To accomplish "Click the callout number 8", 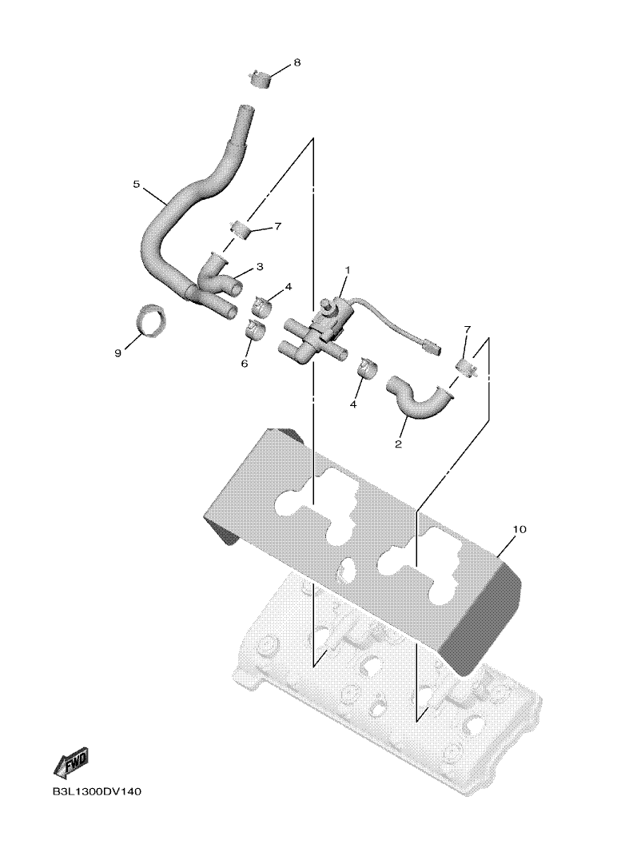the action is point(297,62).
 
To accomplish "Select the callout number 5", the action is point(137,184).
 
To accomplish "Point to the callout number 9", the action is point(117,353).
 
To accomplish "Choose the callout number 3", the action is point(260,267).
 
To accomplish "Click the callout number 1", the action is point(348,270).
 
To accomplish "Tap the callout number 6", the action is point(245,363).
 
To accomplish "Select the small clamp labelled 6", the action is point(253,328).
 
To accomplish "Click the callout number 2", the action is point(398,444).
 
